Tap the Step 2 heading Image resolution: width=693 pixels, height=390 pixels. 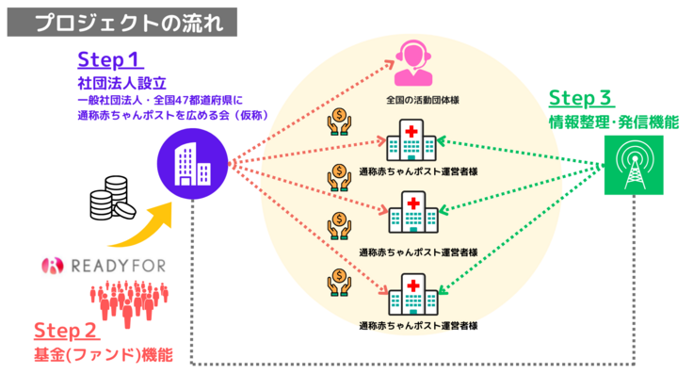tap(65, 331)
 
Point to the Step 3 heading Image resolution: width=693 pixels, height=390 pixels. tap(579, 98)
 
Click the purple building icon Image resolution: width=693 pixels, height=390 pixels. tap(193, 162)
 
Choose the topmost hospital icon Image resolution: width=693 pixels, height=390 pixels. tap(411, 140)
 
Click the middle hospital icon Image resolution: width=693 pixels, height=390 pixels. tap(411, 214)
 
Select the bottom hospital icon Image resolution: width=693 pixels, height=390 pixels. tap(411, 295)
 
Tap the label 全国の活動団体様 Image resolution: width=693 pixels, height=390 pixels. tap(418, 98)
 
